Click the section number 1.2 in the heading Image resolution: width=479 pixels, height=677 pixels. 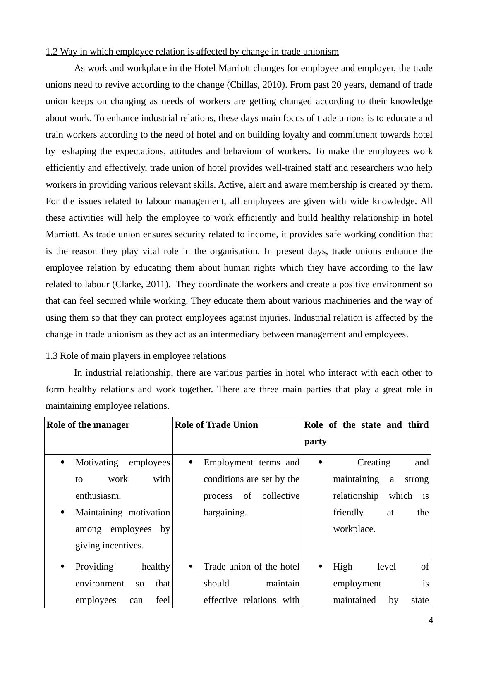point(51,52)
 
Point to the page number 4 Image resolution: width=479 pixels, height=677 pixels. point(431,620)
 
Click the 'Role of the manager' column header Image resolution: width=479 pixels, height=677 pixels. point(88,425)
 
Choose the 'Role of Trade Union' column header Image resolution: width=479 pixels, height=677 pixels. point(216,425)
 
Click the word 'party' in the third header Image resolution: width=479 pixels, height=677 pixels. point(315,441)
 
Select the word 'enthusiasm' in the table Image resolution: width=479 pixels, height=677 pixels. point(98,496)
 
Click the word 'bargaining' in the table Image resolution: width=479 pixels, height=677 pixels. point(225,513)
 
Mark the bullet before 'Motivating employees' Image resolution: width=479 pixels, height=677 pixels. point(62,462)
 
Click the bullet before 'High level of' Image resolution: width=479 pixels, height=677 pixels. point(320,567)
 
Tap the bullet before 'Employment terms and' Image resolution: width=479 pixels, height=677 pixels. point(191,462)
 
